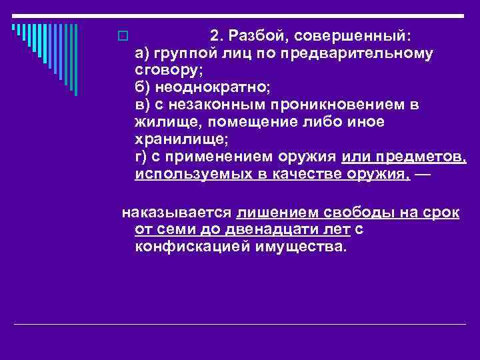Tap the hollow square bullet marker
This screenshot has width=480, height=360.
coord(121,35)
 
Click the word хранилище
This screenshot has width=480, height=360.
coord(172,139)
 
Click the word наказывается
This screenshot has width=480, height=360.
coord(175,213)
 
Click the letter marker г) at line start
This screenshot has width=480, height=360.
coord(141,157)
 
